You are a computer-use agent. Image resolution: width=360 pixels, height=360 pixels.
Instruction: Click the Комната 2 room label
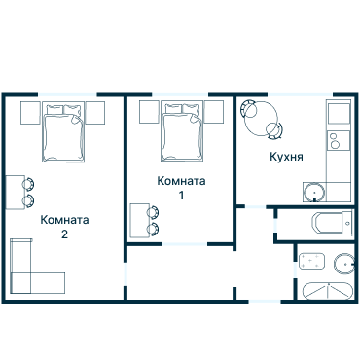(64, 227)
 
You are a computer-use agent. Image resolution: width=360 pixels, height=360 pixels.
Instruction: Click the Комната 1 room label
(181, 188)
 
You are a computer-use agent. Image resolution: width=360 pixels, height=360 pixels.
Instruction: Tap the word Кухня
(286, 156)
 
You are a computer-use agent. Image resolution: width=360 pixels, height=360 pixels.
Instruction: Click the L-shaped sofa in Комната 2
(29, 270)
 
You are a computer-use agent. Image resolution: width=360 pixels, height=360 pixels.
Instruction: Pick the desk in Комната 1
(137, 220)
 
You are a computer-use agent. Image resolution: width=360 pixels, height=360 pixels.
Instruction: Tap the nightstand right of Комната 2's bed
(94, 112)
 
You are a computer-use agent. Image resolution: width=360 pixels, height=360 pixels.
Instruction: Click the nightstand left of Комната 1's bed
(149, 110)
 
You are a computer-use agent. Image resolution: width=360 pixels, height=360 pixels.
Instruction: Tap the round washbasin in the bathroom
(342, 264)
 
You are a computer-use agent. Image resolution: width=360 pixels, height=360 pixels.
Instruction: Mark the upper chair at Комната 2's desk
(29, 182)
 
